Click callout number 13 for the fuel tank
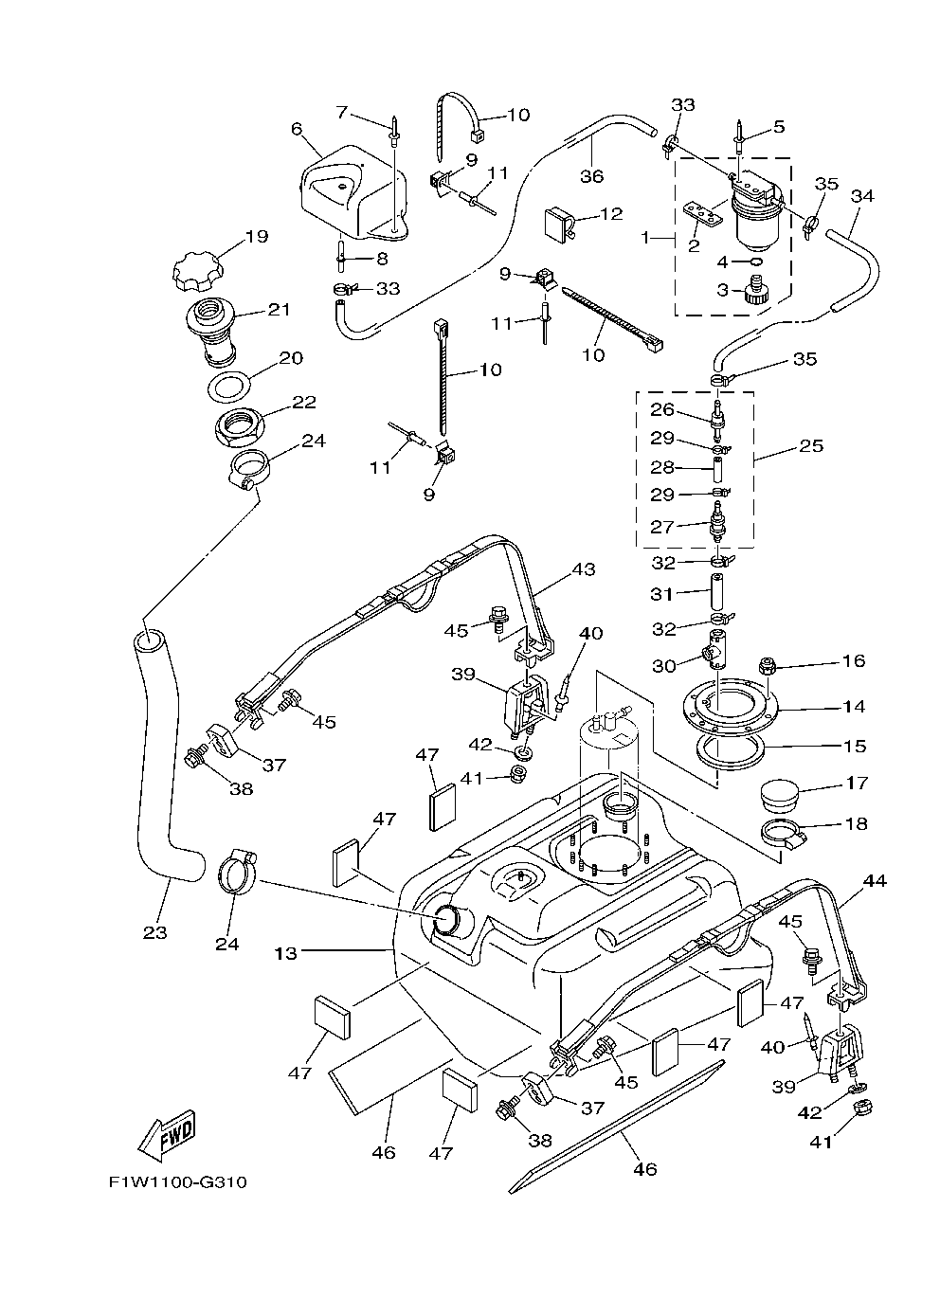click(286, 953)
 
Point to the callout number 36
click(591, 176)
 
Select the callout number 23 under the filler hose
click(154, 932)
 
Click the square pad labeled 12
click(557, 222)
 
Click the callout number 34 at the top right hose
click(862, 197)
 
